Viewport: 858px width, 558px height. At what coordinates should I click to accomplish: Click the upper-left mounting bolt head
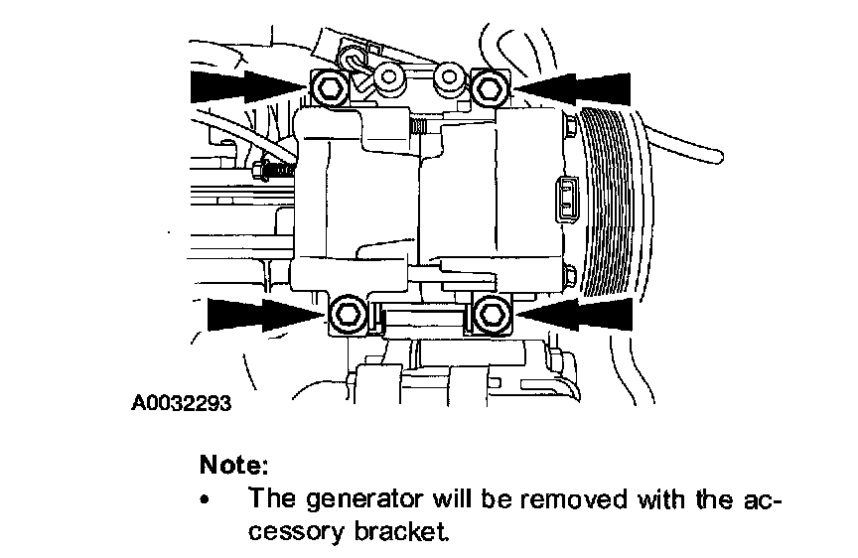[330, 89]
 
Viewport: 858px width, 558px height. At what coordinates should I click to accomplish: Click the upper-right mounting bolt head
[490, 89]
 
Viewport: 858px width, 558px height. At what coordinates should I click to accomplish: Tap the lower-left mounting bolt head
[347, 315]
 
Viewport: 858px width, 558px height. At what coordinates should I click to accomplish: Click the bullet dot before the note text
[207, 498]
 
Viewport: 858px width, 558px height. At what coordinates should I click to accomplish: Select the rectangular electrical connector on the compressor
[563, 198]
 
